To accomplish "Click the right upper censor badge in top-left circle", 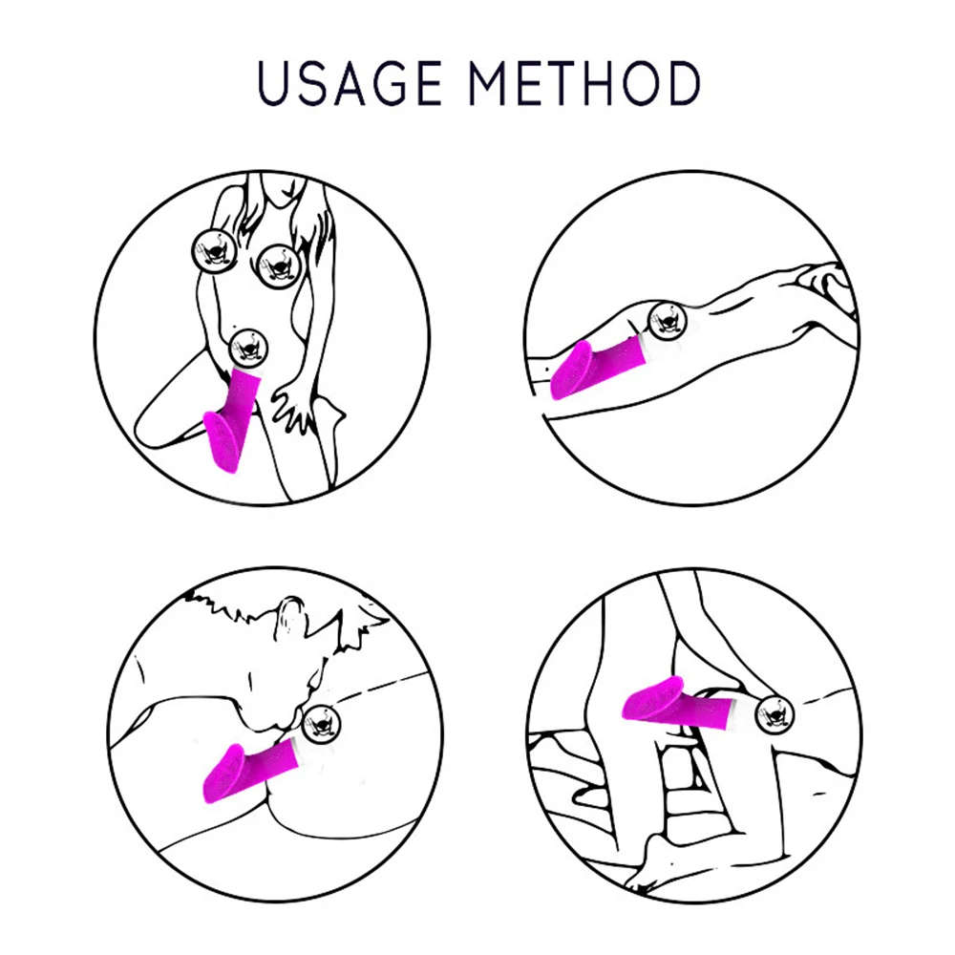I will point(276,260).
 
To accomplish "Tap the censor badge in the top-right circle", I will point(663,319).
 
